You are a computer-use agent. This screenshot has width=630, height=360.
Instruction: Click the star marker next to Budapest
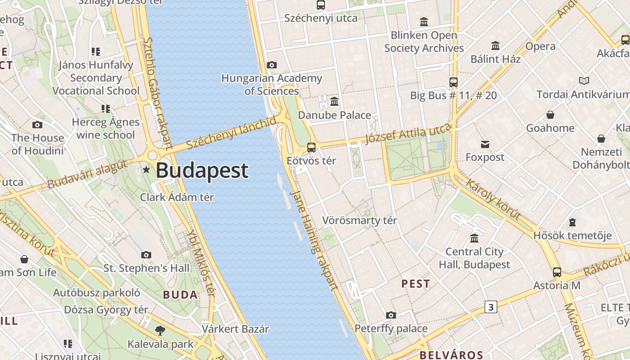[x=146, y=170]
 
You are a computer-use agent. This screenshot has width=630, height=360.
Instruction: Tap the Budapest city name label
[x=202, y=171]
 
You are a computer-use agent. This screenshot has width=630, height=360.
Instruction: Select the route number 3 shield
[x=490, y=307]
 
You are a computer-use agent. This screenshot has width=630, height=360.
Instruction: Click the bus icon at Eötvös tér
[x=311, y=147]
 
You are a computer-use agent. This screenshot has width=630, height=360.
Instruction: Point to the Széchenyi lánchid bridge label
[x=231, y=133]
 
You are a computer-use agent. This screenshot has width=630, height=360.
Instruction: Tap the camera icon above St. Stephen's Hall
[x=146, y=255]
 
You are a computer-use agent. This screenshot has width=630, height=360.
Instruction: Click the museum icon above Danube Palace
[x=334, y=102]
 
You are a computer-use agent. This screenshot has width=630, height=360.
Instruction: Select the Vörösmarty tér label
[x=360, y=220]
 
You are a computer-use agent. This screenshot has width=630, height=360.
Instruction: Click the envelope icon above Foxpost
[x=485, y=144]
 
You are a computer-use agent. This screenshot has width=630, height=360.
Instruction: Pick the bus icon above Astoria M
[x=557, y=272]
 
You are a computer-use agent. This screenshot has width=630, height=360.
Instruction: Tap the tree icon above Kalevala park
[x=160, y=331]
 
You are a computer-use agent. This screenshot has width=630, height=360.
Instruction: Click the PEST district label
[x=415, y=284]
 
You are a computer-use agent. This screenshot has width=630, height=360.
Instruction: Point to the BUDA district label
[x=180, y=295]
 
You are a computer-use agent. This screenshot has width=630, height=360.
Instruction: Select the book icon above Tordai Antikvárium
[x=584, y=81]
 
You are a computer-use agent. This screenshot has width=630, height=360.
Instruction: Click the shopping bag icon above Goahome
[x=550, y=115]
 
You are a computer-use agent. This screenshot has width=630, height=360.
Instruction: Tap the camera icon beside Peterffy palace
[x=391, y=315]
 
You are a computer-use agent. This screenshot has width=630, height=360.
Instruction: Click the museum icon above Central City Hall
[x=474, y=238]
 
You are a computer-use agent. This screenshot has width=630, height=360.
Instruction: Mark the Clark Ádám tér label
[x=177, y=197]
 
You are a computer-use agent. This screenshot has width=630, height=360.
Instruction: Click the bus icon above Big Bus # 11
[x=453, y=82]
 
